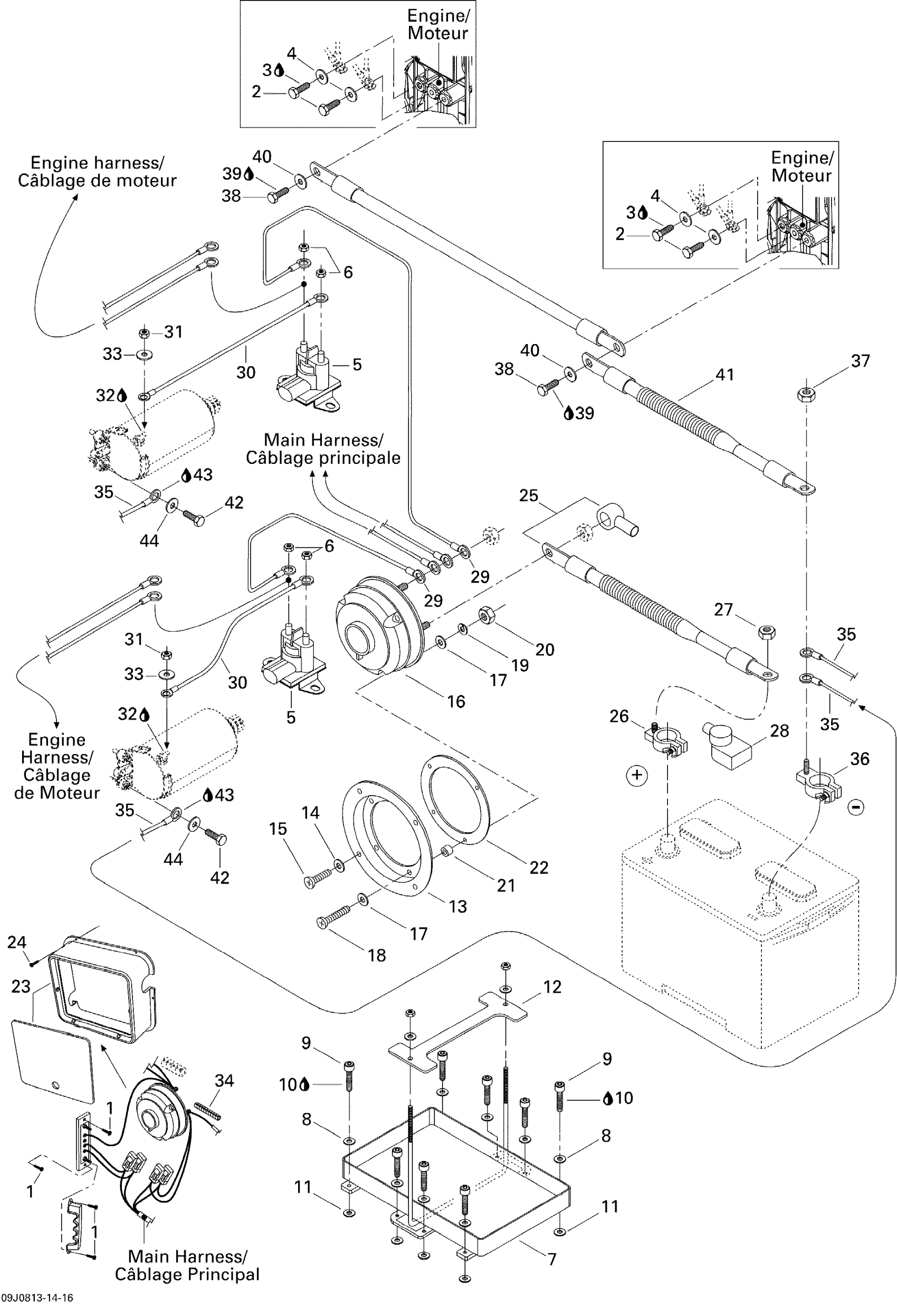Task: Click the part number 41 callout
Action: point(725,375)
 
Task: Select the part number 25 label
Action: point(528,496)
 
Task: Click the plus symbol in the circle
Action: point(637,776)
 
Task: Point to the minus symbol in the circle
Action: point(856,807)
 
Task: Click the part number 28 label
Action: point(779,731)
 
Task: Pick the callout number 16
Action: point(456,701)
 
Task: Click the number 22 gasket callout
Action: point(538,868)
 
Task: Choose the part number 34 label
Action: point(224,1080)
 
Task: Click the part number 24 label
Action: point(17,942)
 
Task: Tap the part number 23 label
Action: point(21,986)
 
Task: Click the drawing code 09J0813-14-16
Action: point(37,1298)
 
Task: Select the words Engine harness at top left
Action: point(97,163)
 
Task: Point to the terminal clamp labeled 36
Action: point(818,785)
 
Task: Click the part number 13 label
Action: point(457,906)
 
